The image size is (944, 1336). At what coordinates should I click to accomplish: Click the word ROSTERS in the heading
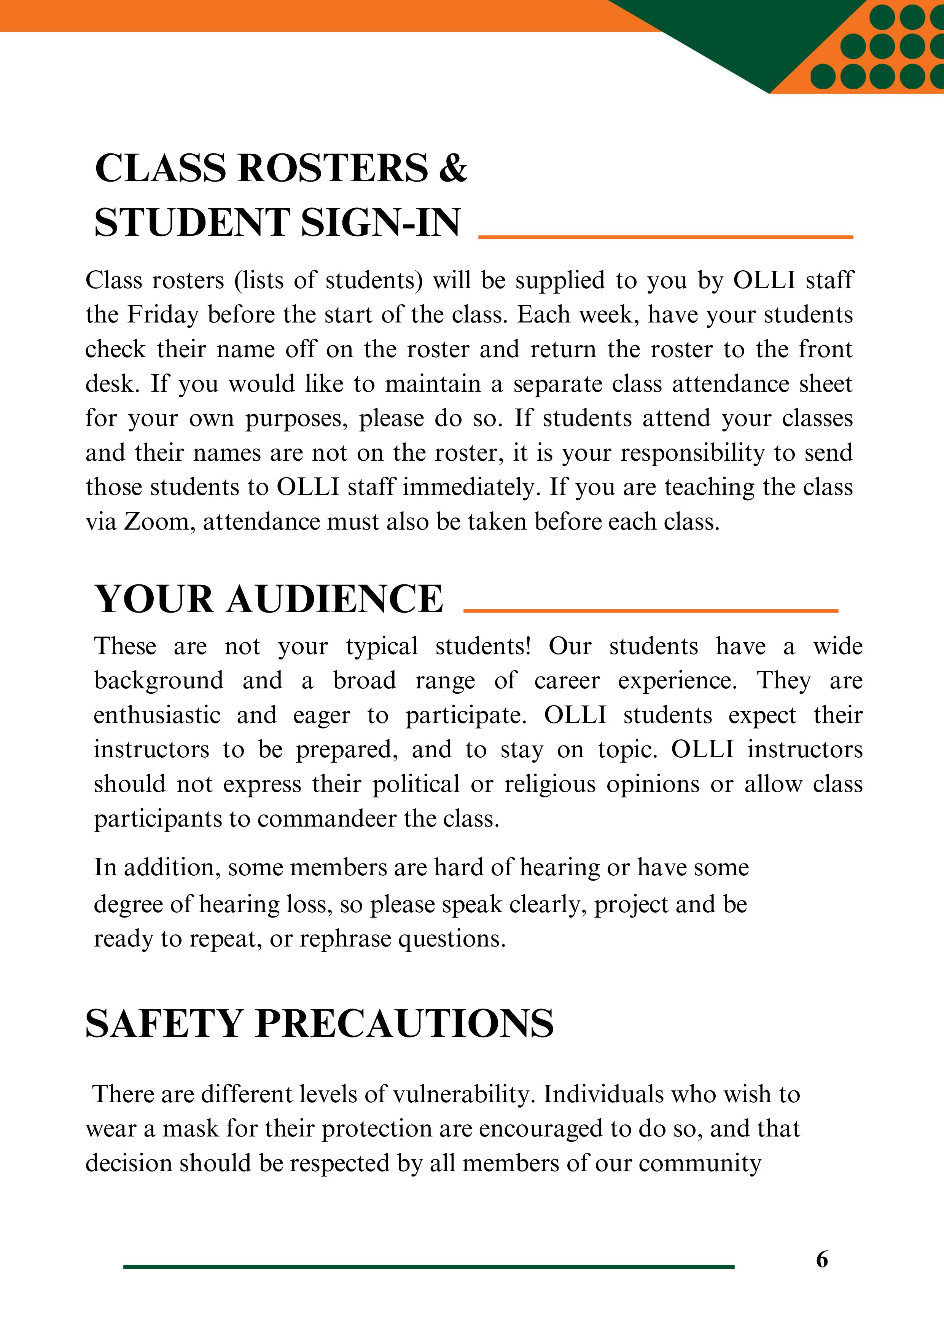pyautogui.click(x=333, y=168)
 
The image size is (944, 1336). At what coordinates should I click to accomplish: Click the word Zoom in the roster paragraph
pyautogui.click(x=156, y=522)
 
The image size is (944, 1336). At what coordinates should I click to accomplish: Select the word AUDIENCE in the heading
pyautogui.click(x=334, y=599)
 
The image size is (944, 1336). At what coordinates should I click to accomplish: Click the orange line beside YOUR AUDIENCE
pyautogui.click(x=650, y=610)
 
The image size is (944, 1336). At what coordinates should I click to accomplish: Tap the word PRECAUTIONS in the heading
pyautogui.click(x=404, y=1023)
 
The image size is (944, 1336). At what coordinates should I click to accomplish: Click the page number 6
pyautogui.click(x=821, y=1259)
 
